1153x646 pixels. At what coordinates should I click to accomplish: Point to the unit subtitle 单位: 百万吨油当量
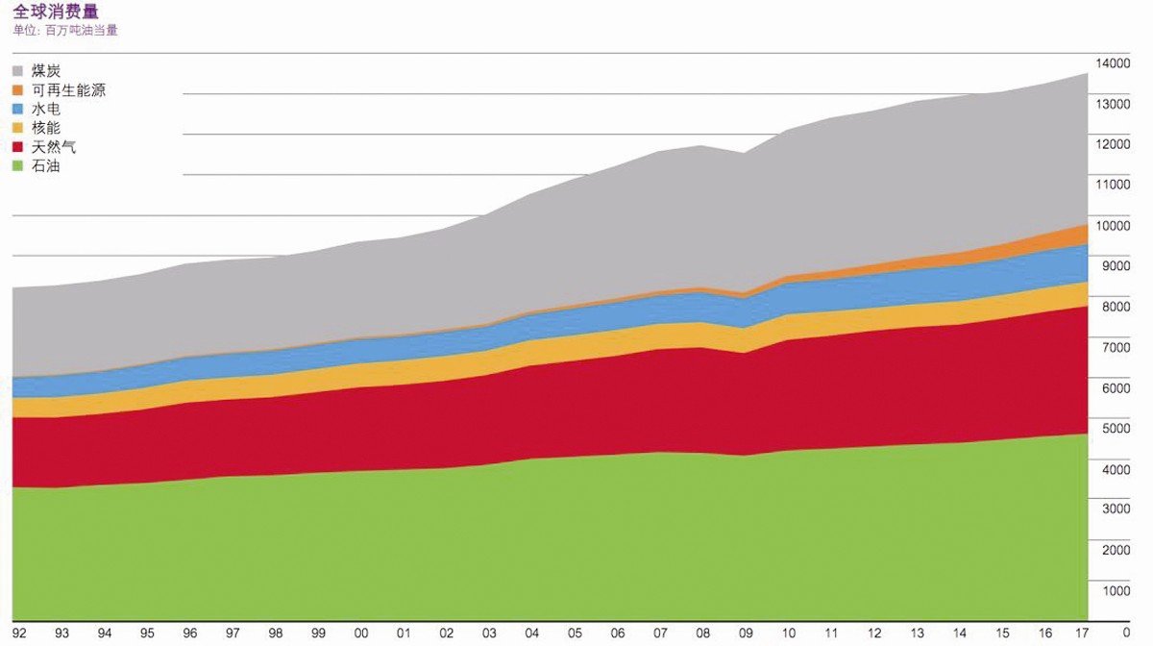(65, 30)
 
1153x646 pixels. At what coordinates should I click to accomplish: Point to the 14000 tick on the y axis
(1114, 63)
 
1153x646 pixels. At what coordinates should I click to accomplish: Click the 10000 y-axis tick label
(1114, 226)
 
